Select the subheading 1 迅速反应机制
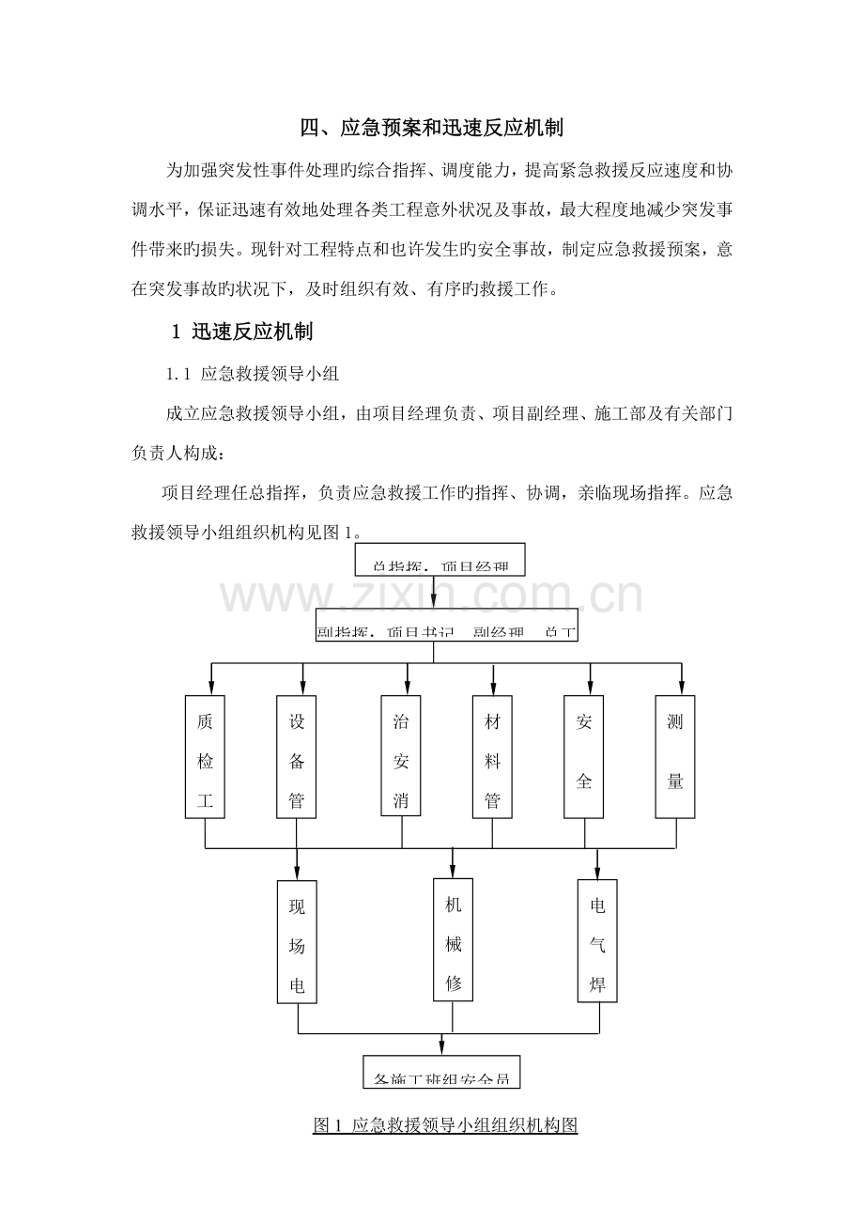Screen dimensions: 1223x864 coord(242,332)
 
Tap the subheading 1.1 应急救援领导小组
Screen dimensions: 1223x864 coord(252,374)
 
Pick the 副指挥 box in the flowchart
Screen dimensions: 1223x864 coord(446,628)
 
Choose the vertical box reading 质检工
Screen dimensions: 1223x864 coord(206,757)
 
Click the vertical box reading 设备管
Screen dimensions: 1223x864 coord(297,757)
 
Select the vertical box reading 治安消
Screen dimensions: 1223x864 coord(401,757)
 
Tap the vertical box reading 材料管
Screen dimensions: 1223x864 coord(492,757)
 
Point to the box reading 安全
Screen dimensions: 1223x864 coord(583,757)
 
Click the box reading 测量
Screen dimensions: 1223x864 coord(675,757)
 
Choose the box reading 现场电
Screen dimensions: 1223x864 coord(297,941)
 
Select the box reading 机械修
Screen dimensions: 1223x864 coord(453,939)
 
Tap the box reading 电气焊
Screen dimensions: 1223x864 coord(597,941)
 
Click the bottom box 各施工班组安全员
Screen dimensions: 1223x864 coord(441,1073)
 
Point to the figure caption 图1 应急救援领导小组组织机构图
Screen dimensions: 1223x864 coord(444,1124)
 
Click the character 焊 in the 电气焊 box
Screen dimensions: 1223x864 coord(597,984)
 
